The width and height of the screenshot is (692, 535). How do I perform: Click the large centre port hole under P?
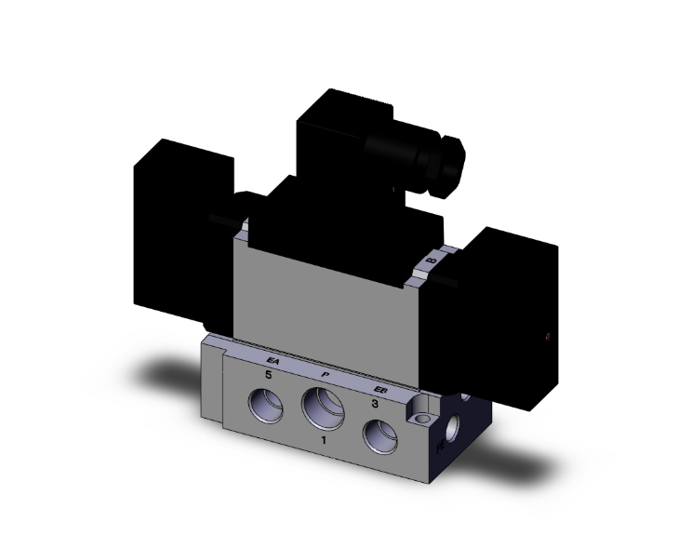[322, 406]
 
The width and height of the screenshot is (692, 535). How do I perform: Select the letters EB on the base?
[379, 391]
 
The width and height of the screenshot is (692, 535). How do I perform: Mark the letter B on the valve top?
[431, 264]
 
